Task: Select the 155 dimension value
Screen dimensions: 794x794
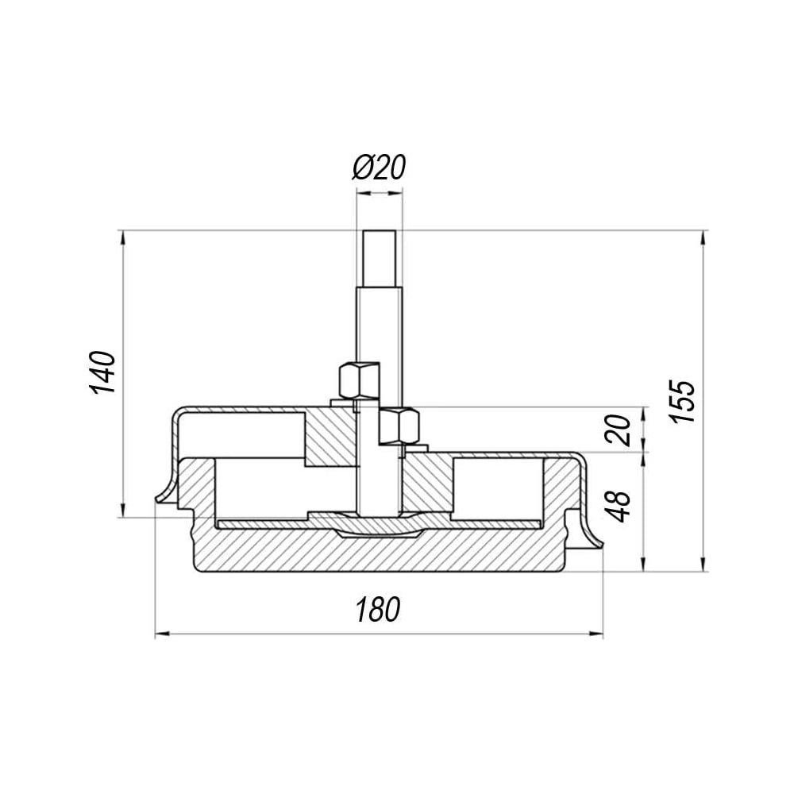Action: coord(681,402)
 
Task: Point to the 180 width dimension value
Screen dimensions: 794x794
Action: coord(378,609)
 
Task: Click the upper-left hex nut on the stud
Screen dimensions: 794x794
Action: coord(359,380)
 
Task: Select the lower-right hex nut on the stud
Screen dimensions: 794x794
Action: coord(399,427)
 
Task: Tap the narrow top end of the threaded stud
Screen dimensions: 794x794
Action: coord(380,258)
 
